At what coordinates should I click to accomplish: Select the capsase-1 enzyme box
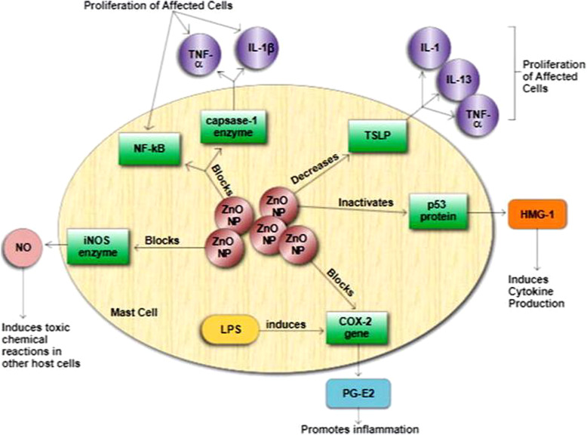[226, 125]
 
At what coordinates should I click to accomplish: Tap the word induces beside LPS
[286, 325]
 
